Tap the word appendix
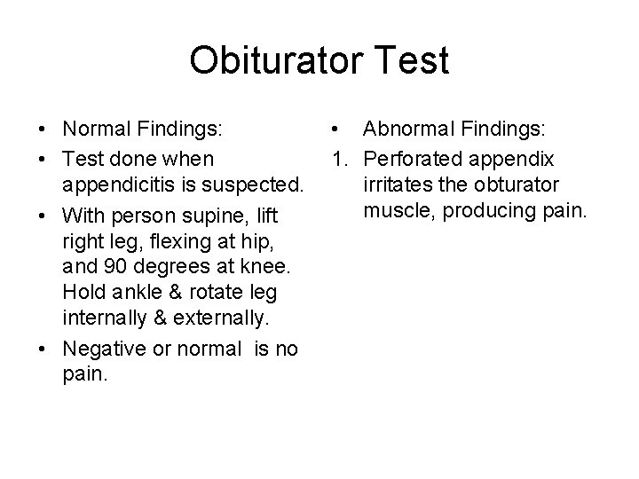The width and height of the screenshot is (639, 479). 518,159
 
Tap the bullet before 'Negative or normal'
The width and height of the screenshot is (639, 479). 43,349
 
